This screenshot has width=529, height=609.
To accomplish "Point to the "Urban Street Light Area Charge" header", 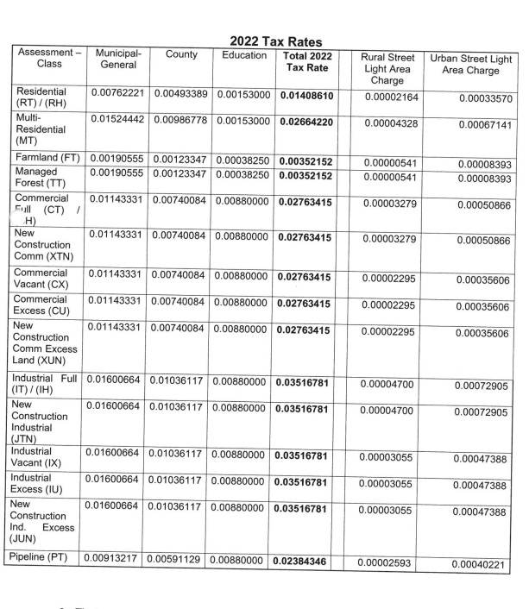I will [469, 60].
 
